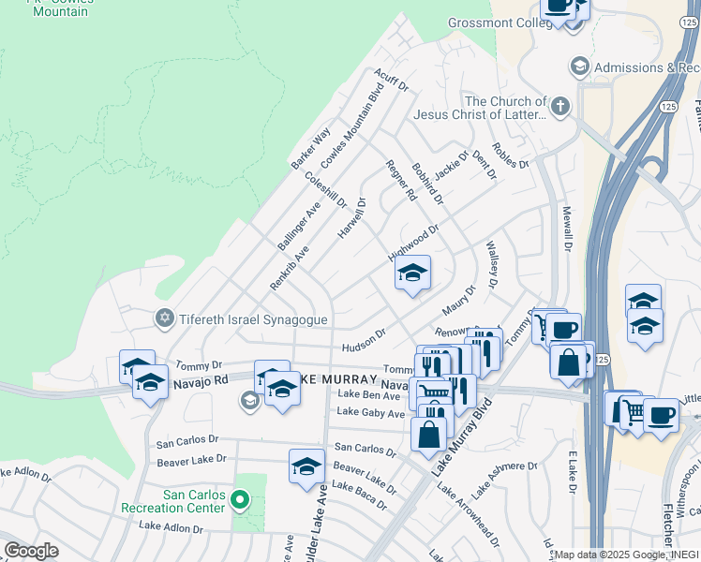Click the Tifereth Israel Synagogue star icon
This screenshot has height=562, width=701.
(x=165, y=319)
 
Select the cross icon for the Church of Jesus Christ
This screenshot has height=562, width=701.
(x=560, y=107)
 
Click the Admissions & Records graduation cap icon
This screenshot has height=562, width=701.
(x=579, y=67)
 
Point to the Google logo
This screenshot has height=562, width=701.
(x=31, y=551)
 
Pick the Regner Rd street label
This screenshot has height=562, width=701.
(x=401, y=180)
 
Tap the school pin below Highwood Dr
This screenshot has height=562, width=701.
(x=410, y=274)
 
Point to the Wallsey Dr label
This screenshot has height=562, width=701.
(x=492, y=263)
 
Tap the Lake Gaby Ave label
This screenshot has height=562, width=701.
(x=369, y=412)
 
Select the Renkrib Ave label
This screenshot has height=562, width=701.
(x=289, y=268)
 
